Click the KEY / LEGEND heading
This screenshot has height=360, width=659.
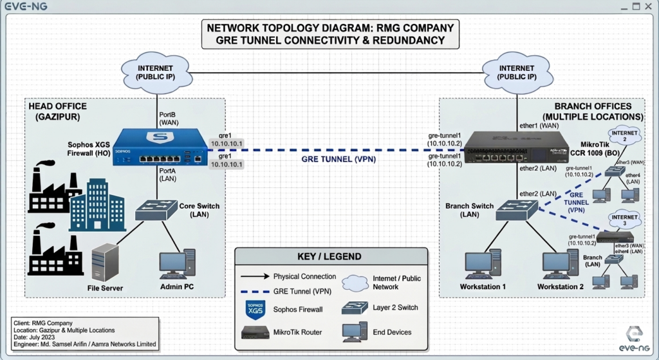click(329, 256)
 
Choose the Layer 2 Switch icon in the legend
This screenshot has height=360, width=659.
click(355, 308)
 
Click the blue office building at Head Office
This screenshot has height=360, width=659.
click(97, 204)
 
